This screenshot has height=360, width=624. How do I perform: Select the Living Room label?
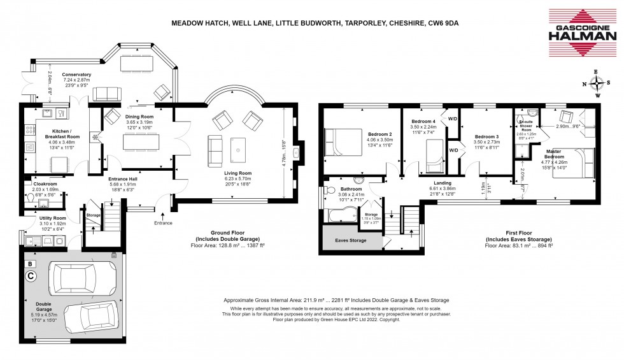(238, 173)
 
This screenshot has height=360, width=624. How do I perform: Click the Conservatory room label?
(76, 75)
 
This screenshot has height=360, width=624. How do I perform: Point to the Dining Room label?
(139, 117)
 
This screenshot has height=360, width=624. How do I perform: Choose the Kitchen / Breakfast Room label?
(62, 136)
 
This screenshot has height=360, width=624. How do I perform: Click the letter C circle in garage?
(30, 276)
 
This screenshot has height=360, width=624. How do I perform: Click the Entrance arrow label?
(164, 223)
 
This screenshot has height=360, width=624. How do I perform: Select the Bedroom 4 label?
(423, 121)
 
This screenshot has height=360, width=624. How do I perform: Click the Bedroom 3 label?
(486, 136)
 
